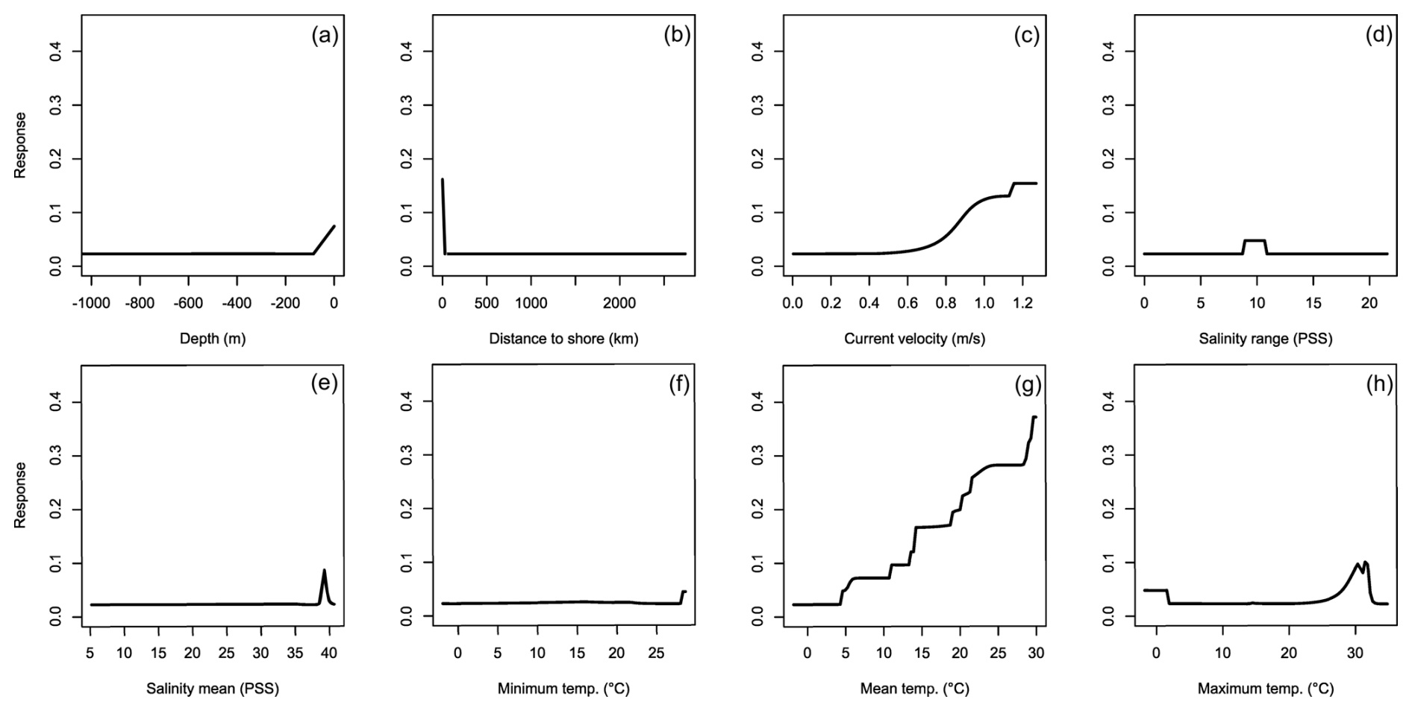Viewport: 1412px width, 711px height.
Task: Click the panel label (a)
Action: point(325,35)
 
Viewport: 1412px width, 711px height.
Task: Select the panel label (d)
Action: point(1378,35)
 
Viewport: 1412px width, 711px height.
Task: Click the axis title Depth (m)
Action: point(213,339)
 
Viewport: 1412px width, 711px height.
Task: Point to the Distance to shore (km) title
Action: point(563,339)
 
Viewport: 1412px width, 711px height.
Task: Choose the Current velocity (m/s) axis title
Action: point(914,339)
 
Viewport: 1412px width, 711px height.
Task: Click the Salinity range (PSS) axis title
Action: point(1265,339)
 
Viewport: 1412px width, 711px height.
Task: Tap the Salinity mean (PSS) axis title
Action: point(213,689)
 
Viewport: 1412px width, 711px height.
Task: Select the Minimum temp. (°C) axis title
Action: point(563,689)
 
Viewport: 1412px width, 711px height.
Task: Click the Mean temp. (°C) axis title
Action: point(914,689)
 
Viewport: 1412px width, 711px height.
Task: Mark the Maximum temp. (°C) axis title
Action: point(1265,689)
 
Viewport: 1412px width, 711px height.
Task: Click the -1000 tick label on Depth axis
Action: point(91,304)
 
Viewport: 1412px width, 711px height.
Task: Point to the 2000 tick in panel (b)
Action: point(619,304)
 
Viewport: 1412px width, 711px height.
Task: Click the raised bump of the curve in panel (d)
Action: point(1254,241)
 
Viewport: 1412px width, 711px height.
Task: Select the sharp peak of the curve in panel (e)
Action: point(324,571)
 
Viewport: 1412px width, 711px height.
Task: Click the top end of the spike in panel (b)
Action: point(443,180)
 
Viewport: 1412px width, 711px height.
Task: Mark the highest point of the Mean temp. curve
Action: point(1034,417)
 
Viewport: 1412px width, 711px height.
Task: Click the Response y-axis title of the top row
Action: point(20,145)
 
